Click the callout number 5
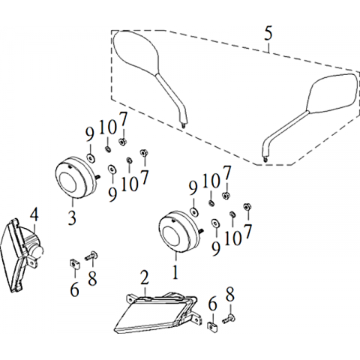[268, 33]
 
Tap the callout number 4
[34, 215]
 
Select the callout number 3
[72, 217]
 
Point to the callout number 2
[145, 277]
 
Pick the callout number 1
[175, 271]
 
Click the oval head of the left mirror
[136, 52]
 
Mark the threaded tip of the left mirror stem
[184, 125]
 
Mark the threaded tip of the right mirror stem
[265, 159]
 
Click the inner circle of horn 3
[67, 182]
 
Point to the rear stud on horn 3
[97, 177]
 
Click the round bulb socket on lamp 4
[39, 251]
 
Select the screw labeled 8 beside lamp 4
[91, 256]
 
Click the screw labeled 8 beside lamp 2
[228, 319]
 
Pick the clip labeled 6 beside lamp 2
[212, 327]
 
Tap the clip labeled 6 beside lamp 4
[74, 264]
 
